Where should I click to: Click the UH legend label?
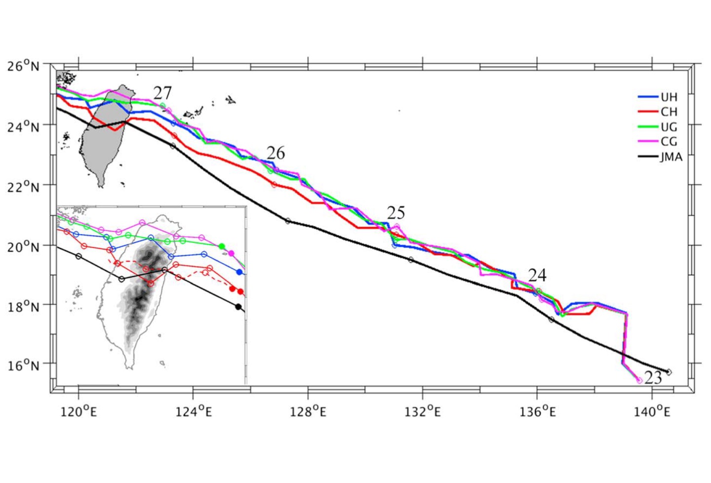pyautogui.click(x=669, y=97)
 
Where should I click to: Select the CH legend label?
pyautogui.click(x=669, y=112)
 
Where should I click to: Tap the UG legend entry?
pyautogui.click(x=669, y=127)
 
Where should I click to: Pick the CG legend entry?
pyautogui.click(x=669, y=142)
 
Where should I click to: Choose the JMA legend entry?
pyautogui.click(x=671, y=157)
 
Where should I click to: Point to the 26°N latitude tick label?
pyautogui.click(x=23, y=66)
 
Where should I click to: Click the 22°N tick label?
pyautogui.click(x=23, y=187)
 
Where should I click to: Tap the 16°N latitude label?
pyautogui.click(x=23, y=365)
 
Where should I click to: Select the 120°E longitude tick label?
pyautogui.click(x=79, y=411)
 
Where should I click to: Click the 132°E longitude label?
pyautogui.click(x=423, y=411)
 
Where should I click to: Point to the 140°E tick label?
pyautogui.click(x=652, y=411)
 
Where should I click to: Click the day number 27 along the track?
pyautogui.click(x=162, y=93)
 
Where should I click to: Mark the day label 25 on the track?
pyautogui.click(x=396, y=213)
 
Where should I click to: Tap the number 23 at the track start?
pyautogui.click(x=653, y=378)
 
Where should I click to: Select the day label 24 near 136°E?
pyautogui.click(x=537, y=275)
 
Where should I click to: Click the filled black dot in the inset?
pyautogui.click(x=238, y=307)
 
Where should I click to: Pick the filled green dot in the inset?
pyautogui.click(x=222, y=246)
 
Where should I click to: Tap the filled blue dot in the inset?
pyautogui.click(x=239, y=272)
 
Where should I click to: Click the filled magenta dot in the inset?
pyautogui.click(x=231, y=253)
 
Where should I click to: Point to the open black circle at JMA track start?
pyautogui.click(x=669, y=372)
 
